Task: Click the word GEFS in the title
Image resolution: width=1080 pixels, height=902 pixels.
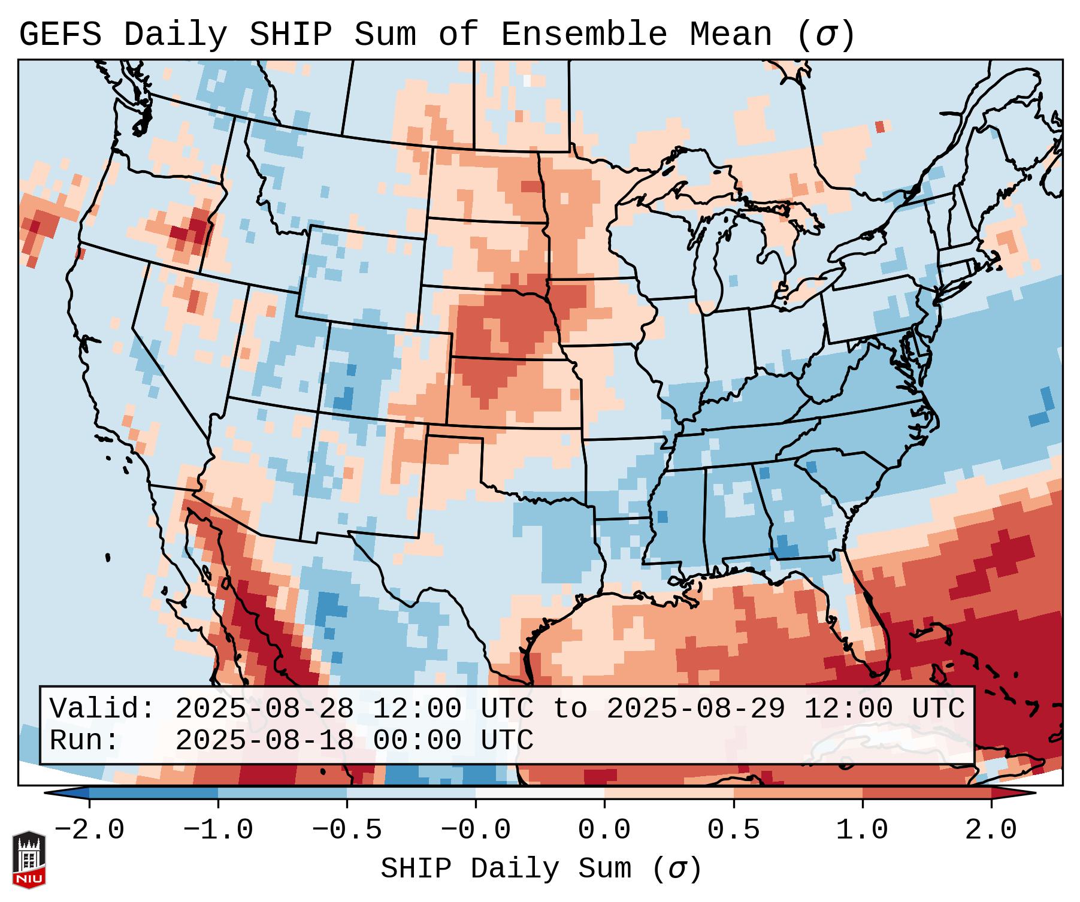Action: coord(60,35)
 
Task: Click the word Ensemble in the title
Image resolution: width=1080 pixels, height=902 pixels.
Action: coord(583,35)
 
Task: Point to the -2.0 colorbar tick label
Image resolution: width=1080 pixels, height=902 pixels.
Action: coord(89,830)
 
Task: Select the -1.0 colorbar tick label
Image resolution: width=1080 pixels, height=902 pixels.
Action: coord(218,830)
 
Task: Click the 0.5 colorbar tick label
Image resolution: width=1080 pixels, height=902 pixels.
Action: coord(733,830)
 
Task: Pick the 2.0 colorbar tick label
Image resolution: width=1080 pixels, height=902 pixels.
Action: coord(991,830)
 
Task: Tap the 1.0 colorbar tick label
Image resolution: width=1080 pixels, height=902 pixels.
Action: coord(862,830)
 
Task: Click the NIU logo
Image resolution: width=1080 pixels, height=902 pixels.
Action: coord(29,859)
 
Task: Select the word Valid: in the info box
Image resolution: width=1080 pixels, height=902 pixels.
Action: coord(102,709)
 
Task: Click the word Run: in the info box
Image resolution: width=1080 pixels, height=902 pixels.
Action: coord(84,740)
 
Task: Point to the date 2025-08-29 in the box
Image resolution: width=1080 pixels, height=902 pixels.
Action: coord(695,709)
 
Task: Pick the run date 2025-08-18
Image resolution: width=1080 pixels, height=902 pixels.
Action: coord(264,740)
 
